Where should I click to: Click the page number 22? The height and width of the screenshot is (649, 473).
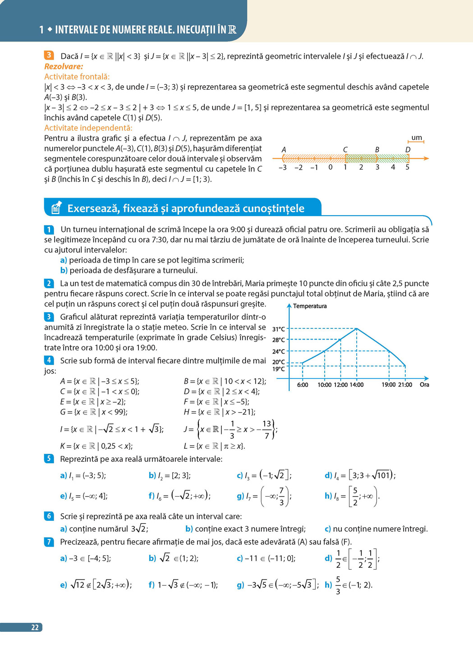click(x=35, y=627)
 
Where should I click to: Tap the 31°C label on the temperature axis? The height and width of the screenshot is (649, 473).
click(x=278, y=329)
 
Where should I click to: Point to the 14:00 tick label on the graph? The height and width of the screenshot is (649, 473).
click(x=356, y=385)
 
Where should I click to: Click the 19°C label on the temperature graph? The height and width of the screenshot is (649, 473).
click(x=278, y=369)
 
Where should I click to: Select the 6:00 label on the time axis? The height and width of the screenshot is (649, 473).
click(x=303, y=385)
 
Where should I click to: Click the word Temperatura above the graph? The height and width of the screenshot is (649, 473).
click(x=310, y=306)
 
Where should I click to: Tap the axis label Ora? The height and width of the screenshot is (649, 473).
click(x=424, y=385)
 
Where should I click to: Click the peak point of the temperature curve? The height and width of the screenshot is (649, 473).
click(x=357, y=329)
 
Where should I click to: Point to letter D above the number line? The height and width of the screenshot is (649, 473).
click(x=408, y=150)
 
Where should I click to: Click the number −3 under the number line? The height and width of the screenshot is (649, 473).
click(x=282, y=167)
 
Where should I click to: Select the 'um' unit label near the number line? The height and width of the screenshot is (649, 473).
click(x=417, y=138)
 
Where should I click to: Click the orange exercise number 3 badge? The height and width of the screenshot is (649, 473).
click(x=49, y=56)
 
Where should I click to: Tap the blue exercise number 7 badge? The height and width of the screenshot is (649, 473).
click(x=49, y=542)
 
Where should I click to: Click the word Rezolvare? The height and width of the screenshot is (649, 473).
click(x=64, y=66)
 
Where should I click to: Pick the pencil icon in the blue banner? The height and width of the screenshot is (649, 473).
click(x=56, y=208)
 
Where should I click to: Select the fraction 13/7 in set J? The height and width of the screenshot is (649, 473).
click(x=266, y=429)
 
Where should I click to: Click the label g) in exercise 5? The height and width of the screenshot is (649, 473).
click(x=240, y=496)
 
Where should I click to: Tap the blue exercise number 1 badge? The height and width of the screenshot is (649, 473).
click(x=49, y=230)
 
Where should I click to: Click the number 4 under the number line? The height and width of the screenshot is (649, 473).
click(x=393, y=167)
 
